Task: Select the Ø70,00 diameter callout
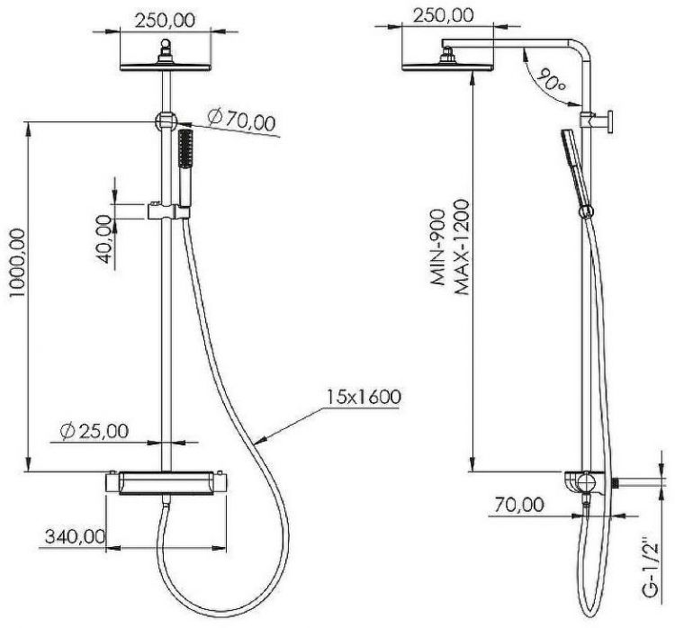point(240,120)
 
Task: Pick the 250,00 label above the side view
point(442,14)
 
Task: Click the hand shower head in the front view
point(187,148)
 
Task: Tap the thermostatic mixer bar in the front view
point(166,484)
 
